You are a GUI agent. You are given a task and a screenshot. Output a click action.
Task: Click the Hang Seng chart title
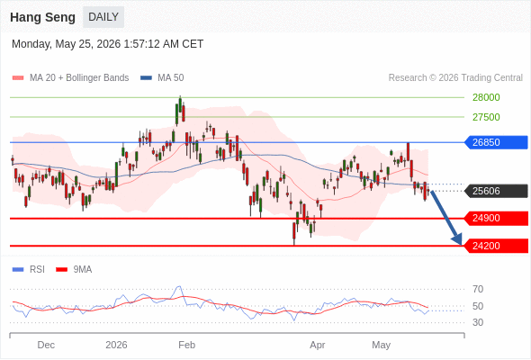tap(42, 17)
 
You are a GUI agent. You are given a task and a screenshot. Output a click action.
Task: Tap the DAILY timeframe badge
tap(103, 17)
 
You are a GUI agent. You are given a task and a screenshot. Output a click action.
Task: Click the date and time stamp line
tap(107, 44)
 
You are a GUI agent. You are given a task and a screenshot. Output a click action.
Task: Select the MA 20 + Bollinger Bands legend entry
tap(70, 78)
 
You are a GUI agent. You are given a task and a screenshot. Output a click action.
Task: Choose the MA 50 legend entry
tap(162, 78)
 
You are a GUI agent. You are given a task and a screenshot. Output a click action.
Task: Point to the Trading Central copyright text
tap(455, 78)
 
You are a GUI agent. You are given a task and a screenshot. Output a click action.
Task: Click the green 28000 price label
tap(486, 97)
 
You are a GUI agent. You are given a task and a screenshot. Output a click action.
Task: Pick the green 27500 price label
tap(486, 117)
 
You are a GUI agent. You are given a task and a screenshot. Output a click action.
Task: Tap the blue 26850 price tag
tap(495, 142)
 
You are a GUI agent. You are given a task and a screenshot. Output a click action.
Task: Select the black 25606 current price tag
tap(495, 191)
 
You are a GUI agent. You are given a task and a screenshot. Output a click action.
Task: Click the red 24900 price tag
tap(495, 218)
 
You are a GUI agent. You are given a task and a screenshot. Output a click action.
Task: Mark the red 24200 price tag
tap(495, 246)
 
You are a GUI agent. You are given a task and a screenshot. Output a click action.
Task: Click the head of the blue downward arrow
tap(461, 244)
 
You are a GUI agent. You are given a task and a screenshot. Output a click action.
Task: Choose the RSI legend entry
tap(29, 270)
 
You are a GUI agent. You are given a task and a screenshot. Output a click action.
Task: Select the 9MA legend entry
tap(74, 270)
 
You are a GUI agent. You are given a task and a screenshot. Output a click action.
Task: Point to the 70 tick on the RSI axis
tap(478, 289)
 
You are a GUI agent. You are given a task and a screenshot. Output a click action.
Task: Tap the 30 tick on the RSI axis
tap(478, 322)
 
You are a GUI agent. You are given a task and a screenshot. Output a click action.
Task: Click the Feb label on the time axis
tap(186, 345)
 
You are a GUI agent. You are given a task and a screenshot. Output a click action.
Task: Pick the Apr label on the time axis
tap(318, 345)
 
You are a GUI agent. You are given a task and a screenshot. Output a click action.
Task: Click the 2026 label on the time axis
tap(116, 345)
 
